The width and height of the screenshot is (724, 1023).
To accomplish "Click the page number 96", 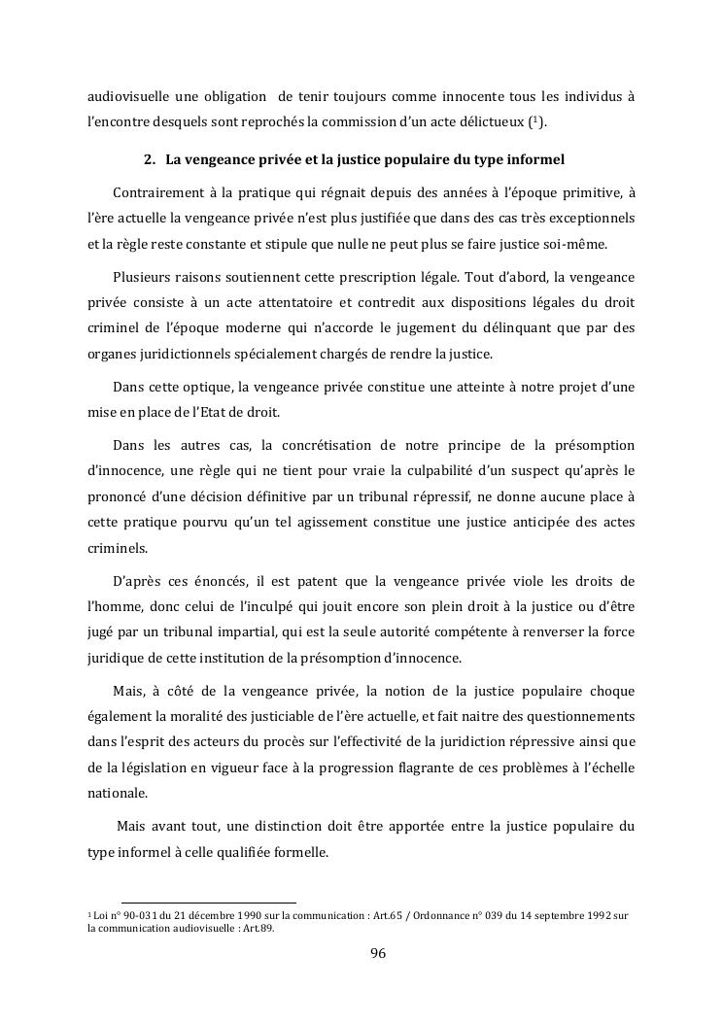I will [x=379, y=953].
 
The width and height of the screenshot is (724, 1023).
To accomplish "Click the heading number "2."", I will [x=150, y=158].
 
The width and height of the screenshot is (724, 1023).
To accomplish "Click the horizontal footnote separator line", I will [x=208, y=903].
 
